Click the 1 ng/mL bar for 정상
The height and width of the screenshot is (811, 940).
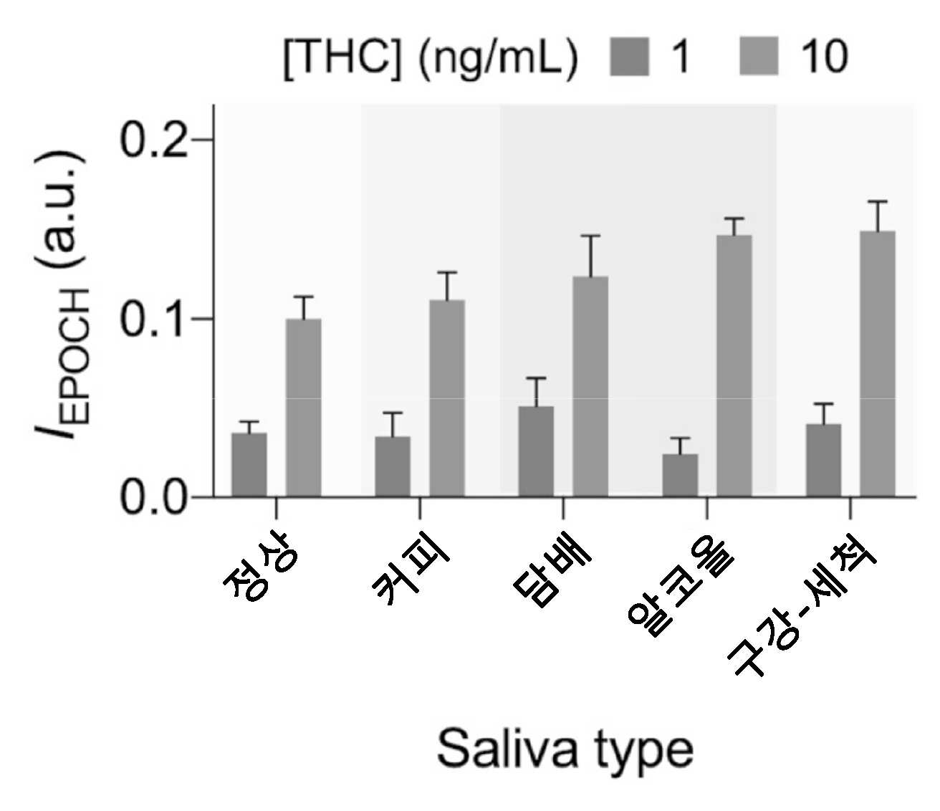click(249, 464)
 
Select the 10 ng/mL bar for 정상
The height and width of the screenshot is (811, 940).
click(303, 408)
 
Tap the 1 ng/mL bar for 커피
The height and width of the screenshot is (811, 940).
click(393, 466)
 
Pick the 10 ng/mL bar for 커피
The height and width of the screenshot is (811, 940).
click(447, 398)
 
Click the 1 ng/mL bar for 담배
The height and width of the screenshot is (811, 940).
click(536, 451)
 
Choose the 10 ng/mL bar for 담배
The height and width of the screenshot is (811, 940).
click(590, 386)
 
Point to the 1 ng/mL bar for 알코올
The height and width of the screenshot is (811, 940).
click(680, 475)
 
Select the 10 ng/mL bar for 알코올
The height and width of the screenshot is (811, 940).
click(734, 365)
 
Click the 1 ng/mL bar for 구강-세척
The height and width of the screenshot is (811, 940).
click(824, 460)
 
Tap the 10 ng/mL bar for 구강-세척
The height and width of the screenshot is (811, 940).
click(878, 363)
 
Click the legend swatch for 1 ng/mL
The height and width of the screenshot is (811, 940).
click(629, 57)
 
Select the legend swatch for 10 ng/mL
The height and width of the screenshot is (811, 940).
click(759, 57)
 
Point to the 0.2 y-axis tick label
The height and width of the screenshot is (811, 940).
click(154, 140)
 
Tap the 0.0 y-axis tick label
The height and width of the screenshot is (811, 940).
click(154, 498)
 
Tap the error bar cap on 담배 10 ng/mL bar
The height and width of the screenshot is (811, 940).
click(590, 236)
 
